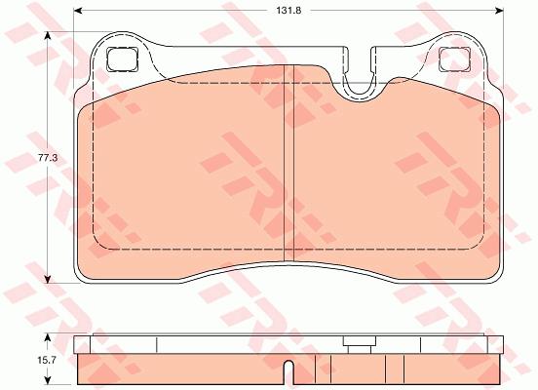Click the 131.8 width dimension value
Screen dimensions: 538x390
(x=288, y=11)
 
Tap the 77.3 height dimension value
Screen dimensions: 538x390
(x=48, y=158)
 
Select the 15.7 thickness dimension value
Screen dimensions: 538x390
(x=47, y=360)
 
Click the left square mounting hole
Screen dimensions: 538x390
(x=122, y=59)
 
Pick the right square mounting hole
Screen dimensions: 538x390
(x=454, y=59)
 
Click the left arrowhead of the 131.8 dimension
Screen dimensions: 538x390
(x=78, y=11)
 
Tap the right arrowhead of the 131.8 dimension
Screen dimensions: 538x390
(x=499, y=11)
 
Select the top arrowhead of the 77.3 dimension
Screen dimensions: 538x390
(x=48, y=36)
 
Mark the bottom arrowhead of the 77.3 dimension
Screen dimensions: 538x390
(x=48, y=279)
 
